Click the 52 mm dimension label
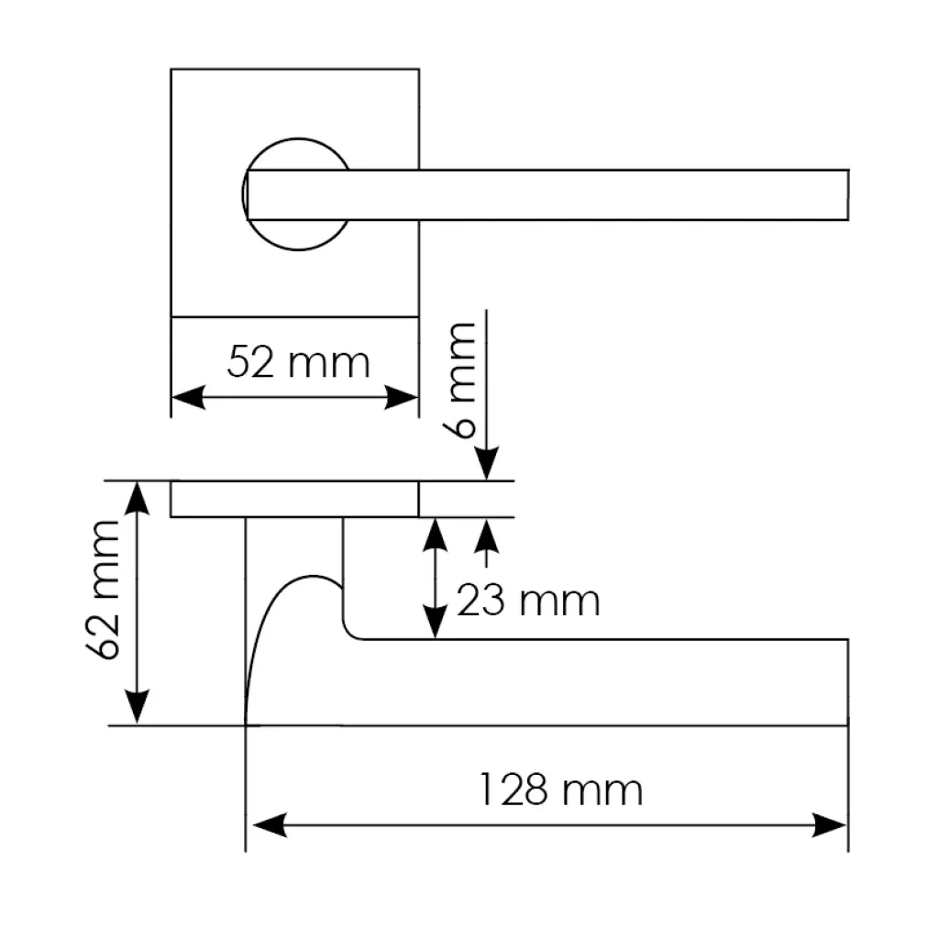(x=298, y=362)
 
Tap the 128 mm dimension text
(x=561, y=790)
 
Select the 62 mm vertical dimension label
(x=103, y=591)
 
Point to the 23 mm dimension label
(x=528, y=601)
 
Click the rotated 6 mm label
(x=459, y=381)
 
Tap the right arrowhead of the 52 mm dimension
(x=402, y=397)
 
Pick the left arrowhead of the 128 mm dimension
(x=271, y=825)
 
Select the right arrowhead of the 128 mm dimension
(x=829, y=825)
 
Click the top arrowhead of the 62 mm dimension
(x=138, y=498)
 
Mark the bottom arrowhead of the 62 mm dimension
(x=138, y=707)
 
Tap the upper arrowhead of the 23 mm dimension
(x=435, y=536)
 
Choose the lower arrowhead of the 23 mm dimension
(x=435, y=623)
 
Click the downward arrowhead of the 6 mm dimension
(x=487, y=463)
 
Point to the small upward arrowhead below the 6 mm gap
(x=487, y=536)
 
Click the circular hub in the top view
(x=298, y=139)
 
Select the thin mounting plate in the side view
(x=294, y=499)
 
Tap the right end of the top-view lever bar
(x=848, y=194)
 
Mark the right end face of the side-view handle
(x=848, y=682)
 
